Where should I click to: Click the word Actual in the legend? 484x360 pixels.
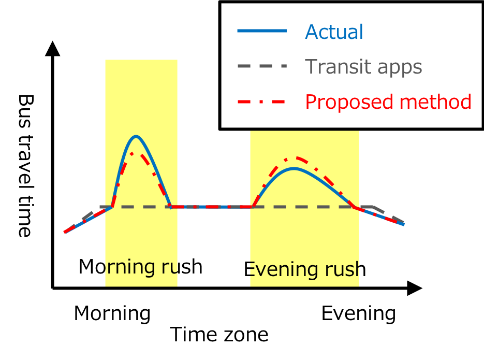click(334, 32)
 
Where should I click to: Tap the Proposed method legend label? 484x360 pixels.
click(388, 102)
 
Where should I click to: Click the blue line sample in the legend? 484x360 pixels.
click(262, 31)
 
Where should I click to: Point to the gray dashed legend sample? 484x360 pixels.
click(262, 66)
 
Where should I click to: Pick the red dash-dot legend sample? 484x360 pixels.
click(261, 102)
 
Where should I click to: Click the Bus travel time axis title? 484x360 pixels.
click(25, 166)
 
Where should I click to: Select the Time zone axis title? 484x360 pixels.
click(219, 335)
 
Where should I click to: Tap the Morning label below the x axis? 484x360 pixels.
click(112, 314)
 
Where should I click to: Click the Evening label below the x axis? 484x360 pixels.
click(358, 314)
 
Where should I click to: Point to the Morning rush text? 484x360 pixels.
click(140, 266)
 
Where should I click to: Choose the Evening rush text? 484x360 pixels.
click(305, 269)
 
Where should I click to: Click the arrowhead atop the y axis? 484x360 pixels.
click(52, 49)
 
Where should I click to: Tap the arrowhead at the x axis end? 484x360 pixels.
click(415, 288)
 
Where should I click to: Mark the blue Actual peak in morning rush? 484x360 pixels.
click(136, 136)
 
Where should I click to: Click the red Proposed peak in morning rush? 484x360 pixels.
click(132, 153)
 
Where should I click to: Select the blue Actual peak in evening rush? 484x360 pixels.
click(294, 168)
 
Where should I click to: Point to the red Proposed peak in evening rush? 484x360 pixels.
click(296, 158)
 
